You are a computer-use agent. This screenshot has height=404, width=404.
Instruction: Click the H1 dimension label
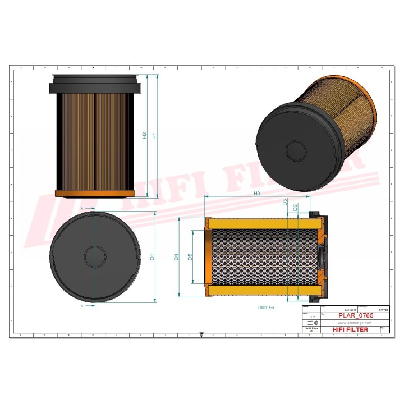155,135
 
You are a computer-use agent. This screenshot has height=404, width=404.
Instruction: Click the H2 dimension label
145,135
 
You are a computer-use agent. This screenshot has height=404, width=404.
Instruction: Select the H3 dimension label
256,194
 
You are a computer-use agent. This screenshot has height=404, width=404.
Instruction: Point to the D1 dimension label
152,258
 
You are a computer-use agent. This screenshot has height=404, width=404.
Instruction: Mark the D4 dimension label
176,257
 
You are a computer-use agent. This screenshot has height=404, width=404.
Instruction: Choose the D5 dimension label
190,257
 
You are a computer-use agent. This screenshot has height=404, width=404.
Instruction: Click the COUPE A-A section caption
266,308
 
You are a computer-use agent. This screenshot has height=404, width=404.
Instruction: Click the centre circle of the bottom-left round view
95,257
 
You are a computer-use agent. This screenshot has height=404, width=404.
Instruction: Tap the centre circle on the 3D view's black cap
295,150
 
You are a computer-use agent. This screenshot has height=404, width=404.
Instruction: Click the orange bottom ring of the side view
95,194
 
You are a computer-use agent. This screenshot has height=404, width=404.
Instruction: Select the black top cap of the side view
95,84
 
